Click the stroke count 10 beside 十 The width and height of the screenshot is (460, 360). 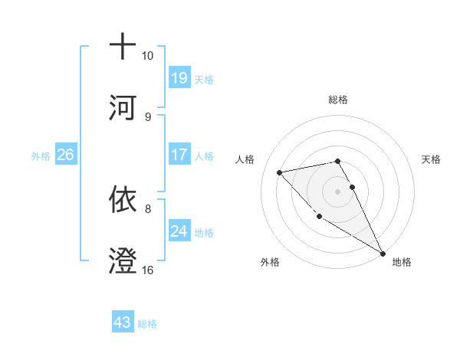[x=148, y=56]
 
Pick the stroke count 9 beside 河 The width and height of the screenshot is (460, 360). [x=148, y=116]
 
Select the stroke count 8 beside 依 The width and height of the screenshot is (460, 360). [x=148, y=208]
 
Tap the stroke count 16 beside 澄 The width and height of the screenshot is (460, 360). [x=148, y=270]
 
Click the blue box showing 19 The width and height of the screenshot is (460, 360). [x=179, y=78]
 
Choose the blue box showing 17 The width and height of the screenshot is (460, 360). [x=179, y=155]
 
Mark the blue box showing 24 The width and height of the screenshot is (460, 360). [x=179, y=231]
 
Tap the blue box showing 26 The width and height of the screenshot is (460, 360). [x=65, y=155]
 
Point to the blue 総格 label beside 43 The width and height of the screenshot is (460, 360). [x=147, y=324]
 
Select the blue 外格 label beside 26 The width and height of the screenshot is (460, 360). [x=41, y=156]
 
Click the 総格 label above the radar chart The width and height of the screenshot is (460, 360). [x=338, y=100]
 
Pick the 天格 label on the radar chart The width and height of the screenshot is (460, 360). [x=432, y=159]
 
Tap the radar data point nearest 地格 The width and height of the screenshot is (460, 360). [x=383, y=254]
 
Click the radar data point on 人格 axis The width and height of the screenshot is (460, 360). [x=280, y=172]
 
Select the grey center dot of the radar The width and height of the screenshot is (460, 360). [x=338, y=191]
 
